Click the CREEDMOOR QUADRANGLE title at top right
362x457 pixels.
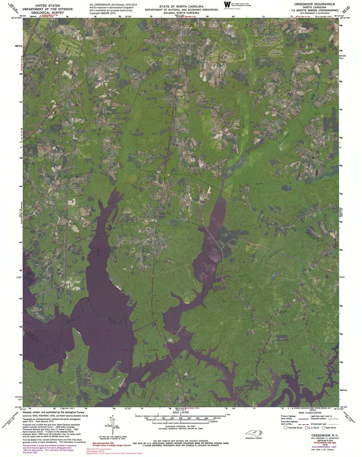pyautogui.click(x=315, y=4)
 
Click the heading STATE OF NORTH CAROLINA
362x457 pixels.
pyautogui.click(x=181, y=6)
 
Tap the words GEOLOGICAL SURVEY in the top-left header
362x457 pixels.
pyautogui.click(x=47, y=13)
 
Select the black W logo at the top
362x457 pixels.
pyautogui.click(x=227, y=5)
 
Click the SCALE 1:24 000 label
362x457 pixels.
pyautogui.click(x=181, y=412)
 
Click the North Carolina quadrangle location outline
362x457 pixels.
pyautogui.click(x=254, y=433)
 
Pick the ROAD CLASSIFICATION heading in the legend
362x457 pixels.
pyautogui.click(x=310, y=413)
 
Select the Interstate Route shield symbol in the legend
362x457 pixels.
pyautogui.click(x=285, y=427)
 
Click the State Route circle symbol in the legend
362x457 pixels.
pyautogui.click(x=323, y=427)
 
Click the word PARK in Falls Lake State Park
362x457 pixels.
pyautogui.click(x=201, y=350)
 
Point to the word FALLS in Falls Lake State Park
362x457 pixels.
pyautogui.click(x=128, y=350)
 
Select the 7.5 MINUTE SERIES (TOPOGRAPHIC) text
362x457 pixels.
pyautogui.click(x=316, y=10)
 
